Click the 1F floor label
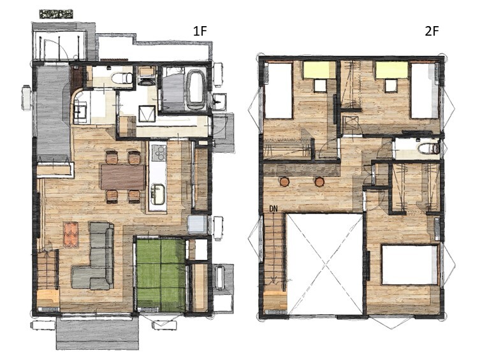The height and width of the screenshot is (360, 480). coord(200,31)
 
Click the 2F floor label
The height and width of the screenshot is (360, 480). coord(432,31)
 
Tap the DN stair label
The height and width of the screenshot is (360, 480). coord(273,209)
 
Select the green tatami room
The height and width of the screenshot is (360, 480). coord(161,276)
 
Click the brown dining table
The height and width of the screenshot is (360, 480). coord(123,177)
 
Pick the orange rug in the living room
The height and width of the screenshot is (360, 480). coord(71,234)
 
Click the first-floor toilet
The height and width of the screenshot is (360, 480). coord(122,78)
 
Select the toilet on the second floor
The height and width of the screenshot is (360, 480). coord(429,148)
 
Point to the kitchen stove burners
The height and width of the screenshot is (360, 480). coord(158,153)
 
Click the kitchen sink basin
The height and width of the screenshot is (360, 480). coord(158,194)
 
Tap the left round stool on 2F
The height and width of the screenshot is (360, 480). coord(284,182)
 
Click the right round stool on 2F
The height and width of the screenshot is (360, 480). coord(319,182)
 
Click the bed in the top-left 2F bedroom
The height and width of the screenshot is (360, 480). coord(279,90)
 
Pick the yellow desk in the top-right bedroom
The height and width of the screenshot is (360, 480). coord(392,69)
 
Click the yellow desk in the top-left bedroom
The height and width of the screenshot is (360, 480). coord(319,69)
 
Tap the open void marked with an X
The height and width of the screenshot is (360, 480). coord(325,264)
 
